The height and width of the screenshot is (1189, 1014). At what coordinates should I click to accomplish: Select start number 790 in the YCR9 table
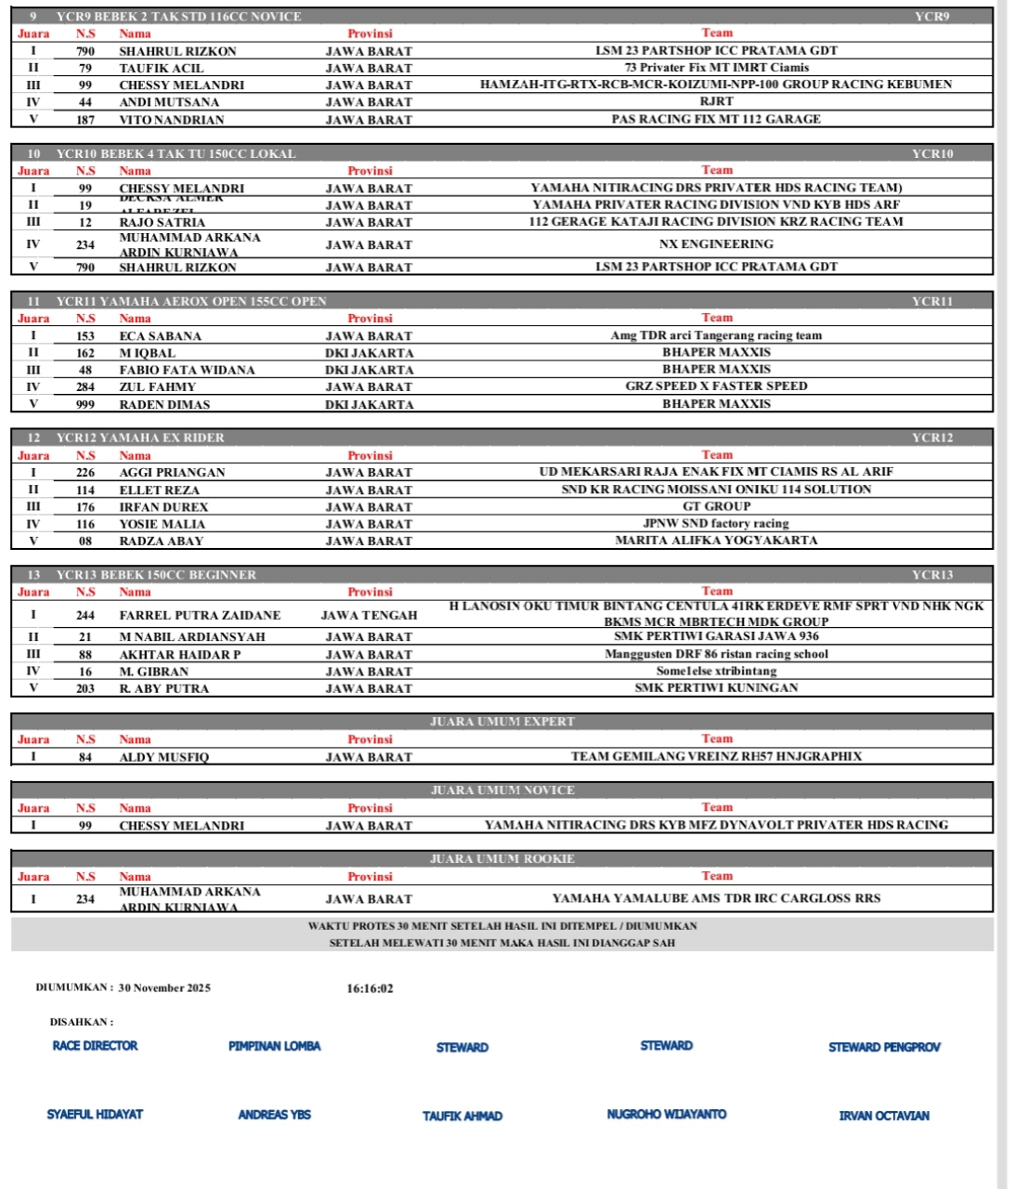[x=85, y=51]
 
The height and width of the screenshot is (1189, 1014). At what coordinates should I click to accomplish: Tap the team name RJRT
[x=716, y=102]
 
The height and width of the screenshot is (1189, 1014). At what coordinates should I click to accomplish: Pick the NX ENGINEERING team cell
[x=716, y=244]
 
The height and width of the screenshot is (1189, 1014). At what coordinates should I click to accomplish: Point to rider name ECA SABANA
[x=160, y=336]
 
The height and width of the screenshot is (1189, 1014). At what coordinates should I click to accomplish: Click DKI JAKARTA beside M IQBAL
[x=369, y=353]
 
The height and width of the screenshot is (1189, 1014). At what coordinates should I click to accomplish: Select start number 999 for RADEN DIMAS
[x=85, y=404]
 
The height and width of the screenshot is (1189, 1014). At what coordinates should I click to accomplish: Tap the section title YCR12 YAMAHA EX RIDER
[x=140, y=438]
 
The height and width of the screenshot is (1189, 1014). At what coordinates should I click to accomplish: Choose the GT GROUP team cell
[x=716, y=506]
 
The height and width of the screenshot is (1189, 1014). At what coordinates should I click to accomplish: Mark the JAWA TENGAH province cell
[x=369, y=615]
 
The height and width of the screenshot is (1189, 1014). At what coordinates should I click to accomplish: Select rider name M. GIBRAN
[x=153, y=672]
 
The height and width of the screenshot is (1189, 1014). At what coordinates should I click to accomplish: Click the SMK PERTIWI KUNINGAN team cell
[x=716, y=688]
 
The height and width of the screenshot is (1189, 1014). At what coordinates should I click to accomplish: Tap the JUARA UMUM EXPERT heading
[x=501, y=722]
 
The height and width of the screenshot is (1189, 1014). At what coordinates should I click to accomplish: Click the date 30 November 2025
[x=164, y=988]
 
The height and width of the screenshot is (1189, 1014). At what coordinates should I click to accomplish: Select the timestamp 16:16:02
[x=370, y=988]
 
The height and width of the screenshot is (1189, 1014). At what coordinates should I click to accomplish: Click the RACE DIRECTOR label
[x=95, y=1046]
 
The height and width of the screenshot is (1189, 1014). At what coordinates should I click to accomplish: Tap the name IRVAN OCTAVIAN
[x=883, y=1116]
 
